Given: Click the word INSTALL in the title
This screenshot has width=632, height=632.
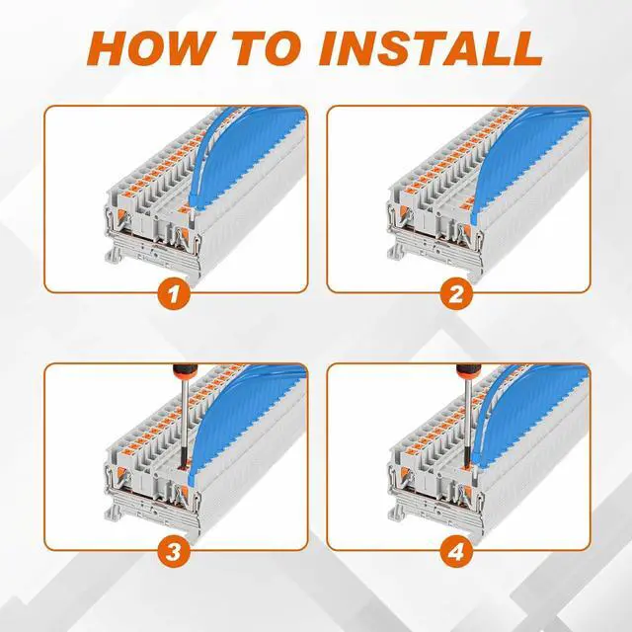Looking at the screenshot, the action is coord(431,48).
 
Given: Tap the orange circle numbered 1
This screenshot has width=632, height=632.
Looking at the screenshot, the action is coord(174,294).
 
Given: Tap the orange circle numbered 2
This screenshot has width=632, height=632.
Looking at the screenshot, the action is coord(456,294).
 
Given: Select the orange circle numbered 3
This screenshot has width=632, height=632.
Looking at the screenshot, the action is coord(174,552).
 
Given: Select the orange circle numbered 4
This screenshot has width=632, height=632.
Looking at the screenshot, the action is coord(456,552).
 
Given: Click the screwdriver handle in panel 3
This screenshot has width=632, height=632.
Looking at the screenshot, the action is coord(184,372).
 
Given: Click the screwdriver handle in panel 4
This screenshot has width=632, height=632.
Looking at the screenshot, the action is coord(467,372).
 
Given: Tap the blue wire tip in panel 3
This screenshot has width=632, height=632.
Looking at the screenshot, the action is coord(191,479).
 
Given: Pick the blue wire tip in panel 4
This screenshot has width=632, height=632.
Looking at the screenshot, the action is coord(476,463).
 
